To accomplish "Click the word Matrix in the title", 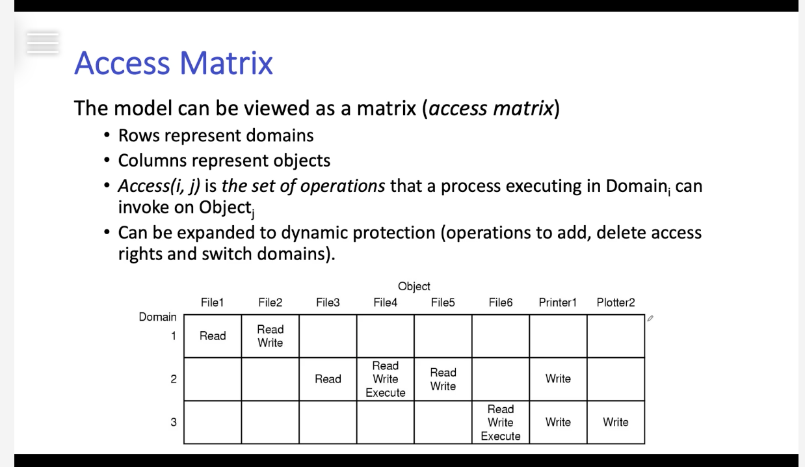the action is point(226,63).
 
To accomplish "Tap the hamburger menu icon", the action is point(43,43).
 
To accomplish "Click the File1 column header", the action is point(213,302).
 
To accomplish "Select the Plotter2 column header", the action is point(616,302).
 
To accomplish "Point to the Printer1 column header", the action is point(558,302).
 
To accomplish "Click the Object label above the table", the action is point(414,286).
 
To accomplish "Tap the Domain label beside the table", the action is point(158,317).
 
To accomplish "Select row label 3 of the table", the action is point(174,422).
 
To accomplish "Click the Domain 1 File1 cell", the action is point(213,336).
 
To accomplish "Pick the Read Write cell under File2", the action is point(271,336).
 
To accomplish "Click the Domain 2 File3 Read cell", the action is point(328,379).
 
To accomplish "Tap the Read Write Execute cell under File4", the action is point(385,379).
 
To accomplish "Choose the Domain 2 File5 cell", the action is point(443,379).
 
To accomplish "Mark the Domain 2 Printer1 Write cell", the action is point(558,379).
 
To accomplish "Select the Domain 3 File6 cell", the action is point(501,422).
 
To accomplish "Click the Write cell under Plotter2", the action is point(616,422).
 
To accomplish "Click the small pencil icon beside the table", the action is point(650,318).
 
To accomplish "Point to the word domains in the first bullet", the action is point(280,135).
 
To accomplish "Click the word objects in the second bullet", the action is point(302,161).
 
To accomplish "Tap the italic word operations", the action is point(343,186).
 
